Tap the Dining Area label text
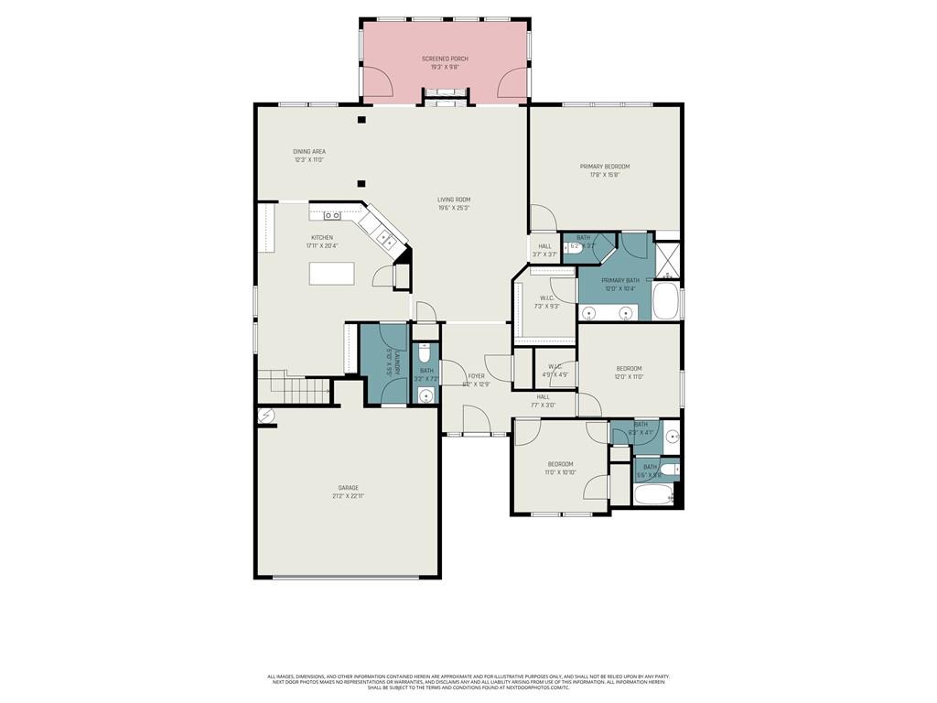(309, 152)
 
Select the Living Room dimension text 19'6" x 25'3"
(453, 208)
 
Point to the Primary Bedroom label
(604, 167)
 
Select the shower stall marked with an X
(668, 258)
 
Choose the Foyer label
(476, 375)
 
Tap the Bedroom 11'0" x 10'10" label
(560, 464)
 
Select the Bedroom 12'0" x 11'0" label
(629, 368)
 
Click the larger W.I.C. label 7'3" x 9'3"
(546, 297)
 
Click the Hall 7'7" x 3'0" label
(543, 396)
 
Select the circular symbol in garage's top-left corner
(266, 416)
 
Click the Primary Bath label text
(620, 281)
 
